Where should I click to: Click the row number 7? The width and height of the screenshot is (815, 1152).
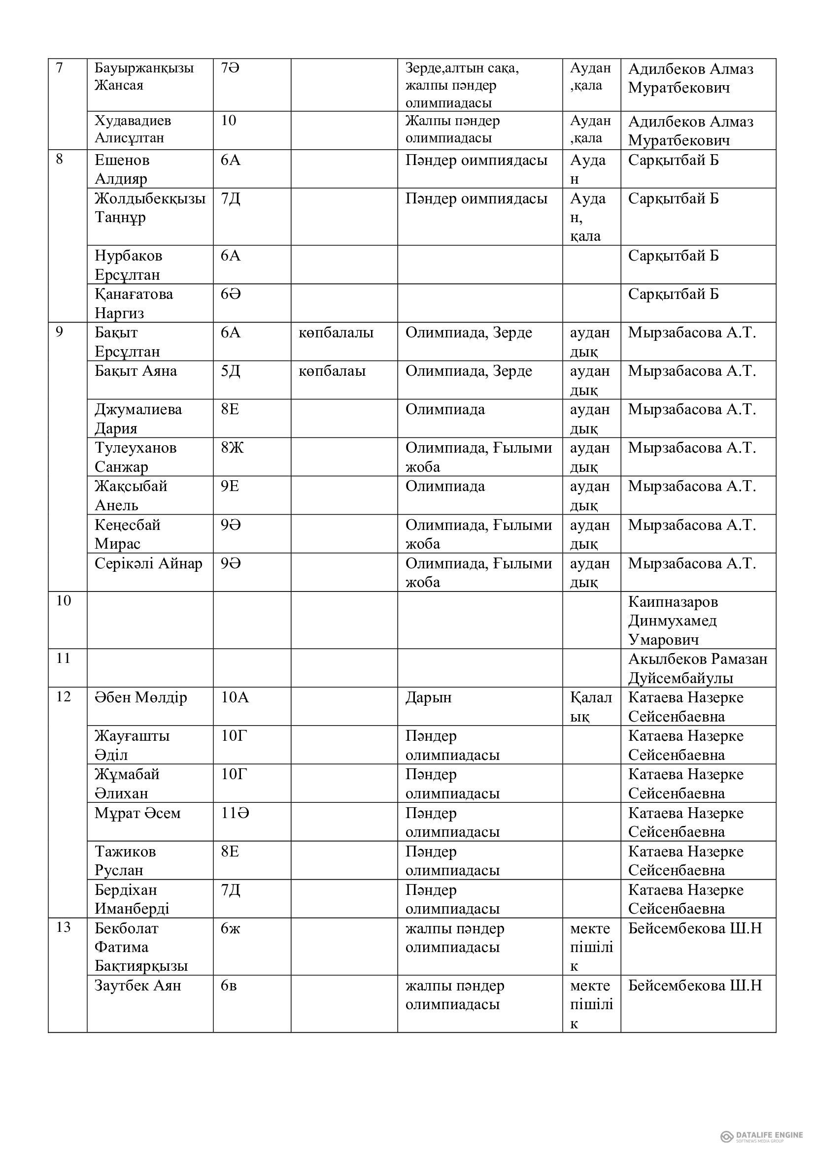(x=59, y=67)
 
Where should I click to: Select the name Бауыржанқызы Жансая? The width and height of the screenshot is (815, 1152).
(x=144, y=76)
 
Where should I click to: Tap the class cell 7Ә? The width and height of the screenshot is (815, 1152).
(x=230, y=68)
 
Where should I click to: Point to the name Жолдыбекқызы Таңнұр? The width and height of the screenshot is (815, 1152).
(x=150, y=208)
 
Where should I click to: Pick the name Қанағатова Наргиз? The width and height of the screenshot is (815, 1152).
(x=134, y=303)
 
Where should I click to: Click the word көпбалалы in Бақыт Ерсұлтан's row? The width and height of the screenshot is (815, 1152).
(x=336, y=332)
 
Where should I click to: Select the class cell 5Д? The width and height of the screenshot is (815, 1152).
(x=230, y=371)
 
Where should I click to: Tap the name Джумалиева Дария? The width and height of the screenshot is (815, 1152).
(x=138, y=419)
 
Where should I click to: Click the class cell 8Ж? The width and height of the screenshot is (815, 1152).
(x=233, y=448)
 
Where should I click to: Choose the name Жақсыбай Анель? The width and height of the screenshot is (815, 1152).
(x=131, y=495)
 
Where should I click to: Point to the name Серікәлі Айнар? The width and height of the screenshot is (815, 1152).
(x=148, y=563)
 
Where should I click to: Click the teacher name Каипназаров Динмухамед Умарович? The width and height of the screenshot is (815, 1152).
(x=673, y=621)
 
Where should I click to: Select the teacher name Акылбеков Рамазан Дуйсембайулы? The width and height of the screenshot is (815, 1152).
(x=698, y=668)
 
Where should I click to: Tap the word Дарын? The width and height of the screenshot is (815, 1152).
(x=429, y=697)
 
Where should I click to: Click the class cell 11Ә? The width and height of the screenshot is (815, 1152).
(x=236, y=813)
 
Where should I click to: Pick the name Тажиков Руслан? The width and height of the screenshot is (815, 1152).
(x=126, y=860)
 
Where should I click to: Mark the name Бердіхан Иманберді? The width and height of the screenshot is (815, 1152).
(x=132, y=899)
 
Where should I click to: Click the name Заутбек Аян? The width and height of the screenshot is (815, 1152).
(x=138, y=986)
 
